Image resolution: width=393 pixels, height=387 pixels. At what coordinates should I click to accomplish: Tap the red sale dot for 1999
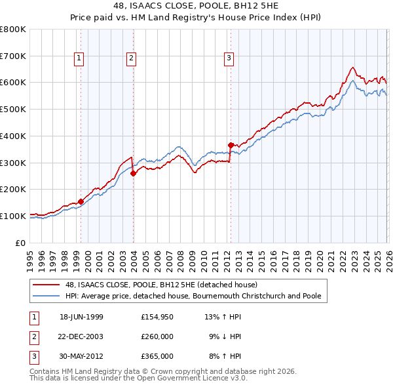pos(81,201)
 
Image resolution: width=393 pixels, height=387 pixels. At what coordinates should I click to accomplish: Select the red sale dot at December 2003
pos(133,173)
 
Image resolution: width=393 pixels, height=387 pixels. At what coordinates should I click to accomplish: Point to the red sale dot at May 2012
pos(231,145)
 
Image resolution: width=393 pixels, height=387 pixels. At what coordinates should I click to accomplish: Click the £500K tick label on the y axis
pos(13,109)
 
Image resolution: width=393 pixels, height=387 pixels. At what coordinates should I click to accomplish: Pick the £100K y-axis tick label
pos(13,216)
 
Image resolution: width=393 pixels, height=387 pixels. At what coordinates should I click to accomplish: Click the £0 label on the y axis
pos(21,243)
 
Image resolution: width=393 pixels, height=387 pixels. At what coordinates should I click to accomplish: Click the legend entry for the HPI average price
pos(193,296)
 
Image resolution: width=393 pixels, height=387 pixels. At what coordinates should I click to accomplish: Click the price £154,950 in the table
pos(157,317)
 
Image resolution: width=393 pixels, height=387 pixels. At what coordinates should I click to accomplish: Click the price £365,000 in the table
pos(157,356)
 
